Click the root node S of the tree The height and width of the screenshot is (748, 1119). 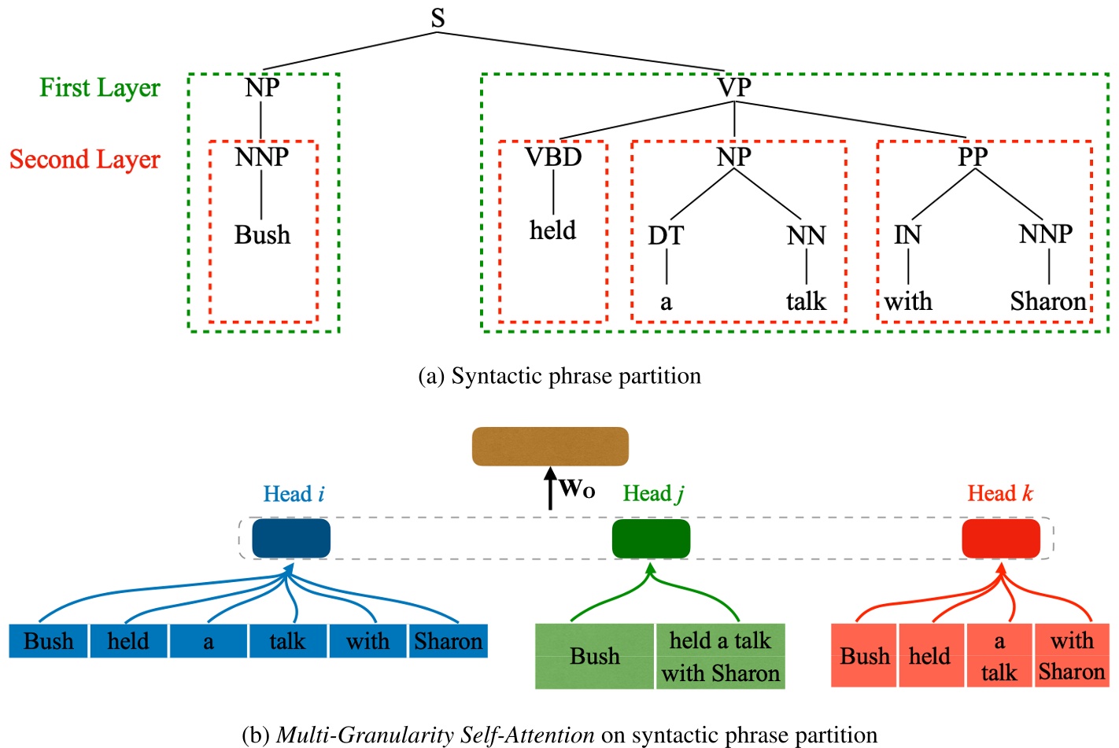coord(438,17)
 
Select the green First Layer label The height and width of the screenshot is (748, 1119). coord(100,87)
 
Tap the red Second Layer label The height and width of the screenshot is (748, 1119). coord(85,159)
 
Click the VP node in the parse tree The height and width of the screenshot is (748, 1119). coord(734,87)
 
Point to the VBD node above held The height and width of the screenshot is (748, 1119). coord(553,157)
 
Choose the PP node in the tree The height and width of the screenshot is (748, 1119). coord(973,157)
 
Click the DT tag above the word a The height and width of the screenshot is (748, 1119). coord(666,235)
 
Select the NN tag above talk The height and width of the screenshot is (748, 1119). coord(806,235)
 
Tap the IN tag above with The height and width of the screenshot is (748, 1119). coord(907,234)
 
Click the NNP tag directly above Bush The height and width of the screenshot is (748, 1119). coord(262,157)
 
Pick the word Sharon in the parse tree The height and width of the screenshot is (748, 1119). coord(1048,301)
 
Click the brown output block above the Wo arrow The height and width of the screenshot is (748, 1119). coord(550,446)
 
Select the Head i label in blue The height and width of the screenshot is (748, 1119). coord(294,494)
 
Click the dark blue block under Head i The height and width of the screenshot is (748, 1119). coord(291,538)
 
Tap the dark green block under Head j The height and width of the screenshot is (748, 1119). coord(651,539)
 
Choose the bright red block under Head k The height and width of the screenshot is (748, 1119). coord(1001,539)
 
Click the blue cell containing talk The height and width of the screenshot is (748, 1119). coord(287,641)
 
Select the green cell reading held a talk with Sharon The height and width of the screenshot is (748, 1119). coord(720,657)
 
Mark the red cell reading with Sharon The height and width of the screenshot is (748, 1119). coord(1072,656)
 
